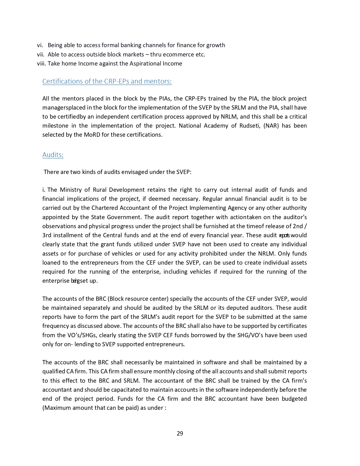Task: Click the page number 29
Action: click(180, 434)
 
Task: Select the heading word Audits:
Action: click(53, 155)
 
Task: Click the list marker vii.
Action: click(41, 55)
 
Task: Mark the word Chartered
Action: click(104, 208)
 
